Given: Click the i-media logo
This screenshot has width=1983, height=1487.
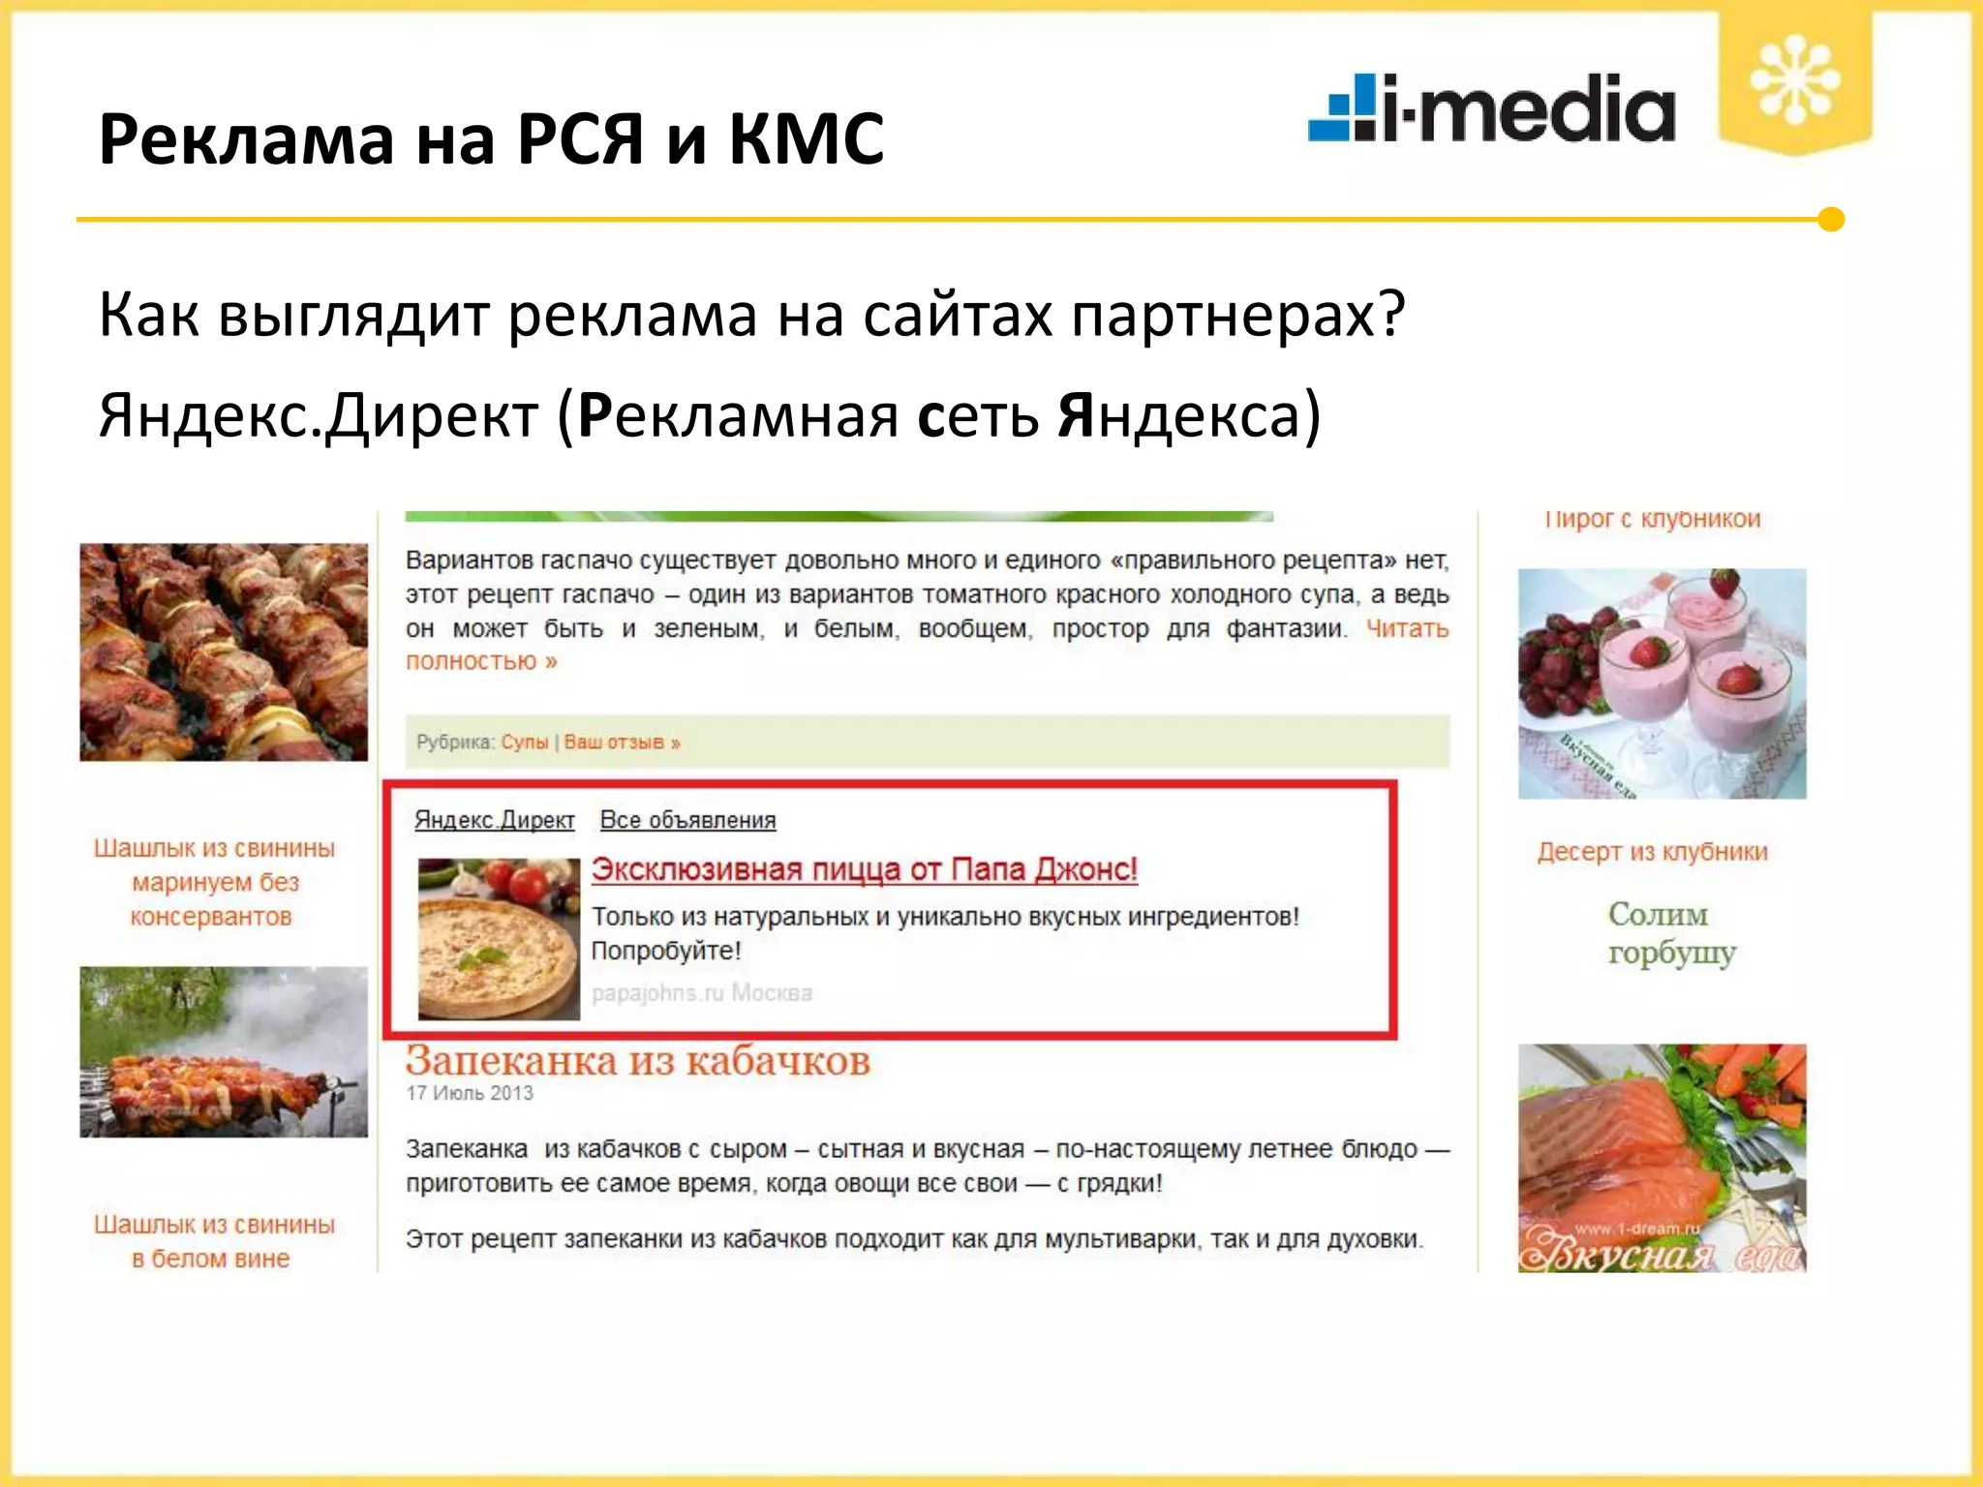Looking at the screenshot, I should tap(1491, 108).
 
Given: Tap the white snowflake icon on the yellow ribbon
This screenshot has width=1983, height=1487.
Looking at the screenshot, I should tap(1794, 80).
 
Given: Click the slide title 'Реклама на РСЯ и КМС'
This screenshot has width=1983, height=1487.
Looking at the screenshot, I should tap(491, 138).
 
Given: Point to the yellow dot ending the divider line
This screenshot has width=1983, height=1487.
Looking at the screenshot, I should tap(1830, 220).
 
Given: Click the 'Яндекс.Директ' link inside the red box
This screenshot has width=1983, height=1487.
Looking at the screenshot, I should tap(494, 820).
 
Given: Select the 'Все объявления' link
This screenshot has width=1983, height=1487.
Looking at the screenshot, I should tap(687, 820).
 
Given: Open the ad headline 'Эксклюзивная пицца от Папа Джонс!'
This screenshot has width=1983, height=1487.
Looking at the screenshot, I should tap(864, 869).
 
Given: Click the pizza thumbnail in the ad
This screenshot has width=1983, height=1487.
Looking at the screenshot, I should tap(499, 938).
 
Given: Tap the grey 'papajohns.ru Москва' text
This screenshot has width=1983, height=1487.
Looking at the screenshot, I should tap(701, 992).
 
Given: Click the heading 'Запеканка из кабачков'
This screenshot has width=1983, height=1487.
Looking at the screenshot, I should tap(637, 1061).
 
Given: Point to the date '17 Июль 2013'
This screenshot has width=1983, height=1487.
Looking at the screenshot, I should tap(470, 1093).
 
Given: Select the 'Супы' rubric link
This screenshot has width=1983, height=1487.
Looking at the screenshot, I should tap(525, 743).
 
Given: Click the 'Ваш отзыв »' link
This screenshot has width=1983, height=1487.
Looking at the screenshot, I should tap(622, 743).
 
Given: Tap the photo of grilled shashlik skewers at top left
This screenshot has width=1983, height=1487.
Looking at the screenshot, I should tap(224, 652).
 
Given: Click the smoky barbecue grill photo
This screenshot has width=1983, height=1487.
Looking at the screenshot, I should tap(224, 1051).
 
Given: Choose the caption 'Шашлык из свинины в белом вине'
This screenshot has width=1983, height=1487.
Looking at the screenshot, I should tap(213, 1241).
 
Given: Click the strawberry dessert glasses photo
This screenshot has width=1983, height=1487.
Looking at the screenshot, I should tap(1662, 683).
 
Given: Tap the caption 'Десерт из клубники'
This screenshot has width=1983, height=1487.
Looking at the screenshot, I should tap(1652, 852).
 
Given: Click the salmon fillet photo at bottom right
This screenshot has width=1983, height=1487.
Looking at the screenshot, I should tap(1662, 1157).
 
